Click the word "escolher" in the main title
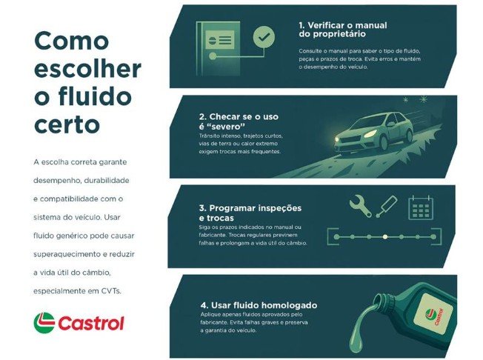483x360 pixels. [x=87, y=70]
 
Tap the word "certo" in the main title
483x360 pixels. [x=67, y=123]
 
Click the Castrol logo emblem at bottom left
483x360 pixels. [x=44, y=323]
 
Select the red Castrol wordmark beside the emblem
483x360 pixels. [x=91, y=324]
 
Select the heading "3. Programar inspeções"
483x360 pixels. [x=260, y=207]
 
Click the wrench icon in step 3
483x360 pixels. [x=360, y=205]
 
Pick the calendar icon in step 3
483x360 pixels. [x=420, y=207]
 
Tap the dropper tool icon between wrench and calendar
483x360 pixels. [x=387, y=206]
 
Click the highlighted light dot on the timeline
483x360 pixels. [x=384, y=237]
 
